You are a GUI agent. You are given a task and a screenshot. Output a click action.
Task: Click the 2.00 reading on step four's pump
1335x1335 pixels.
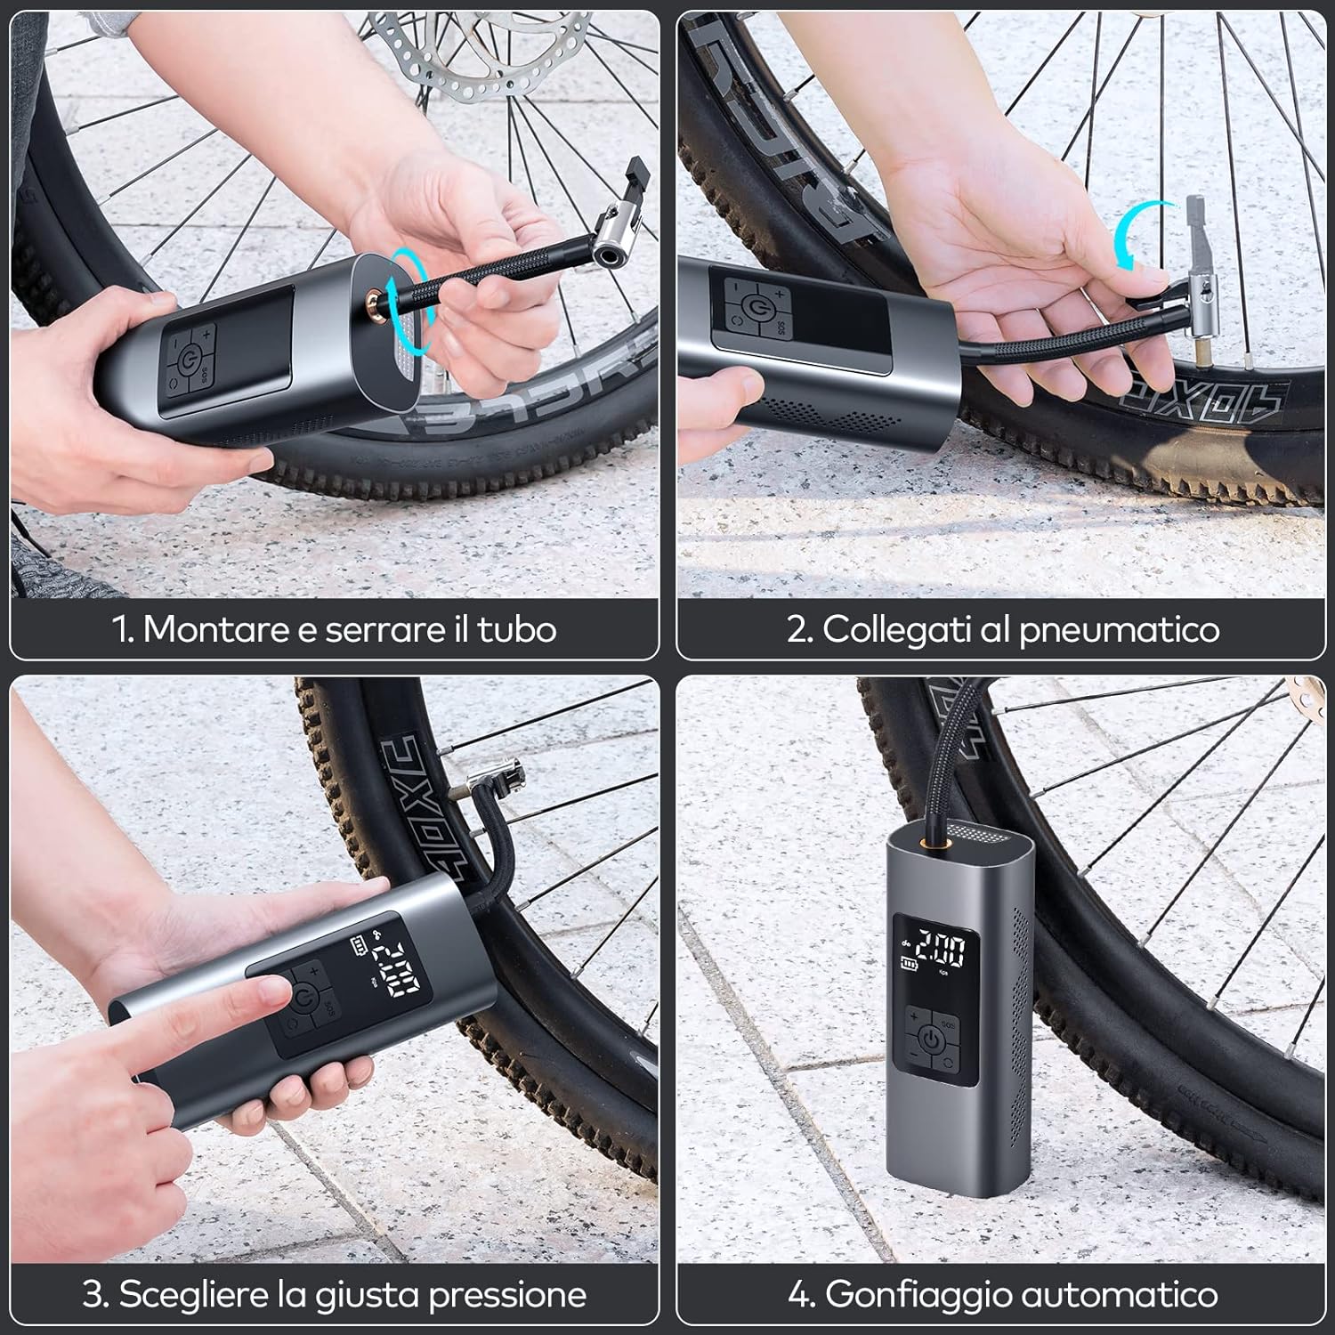tap(941, 951)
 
